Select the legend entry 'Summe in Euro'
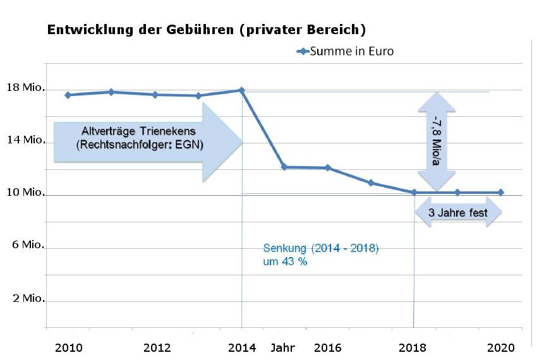tap(351, 51)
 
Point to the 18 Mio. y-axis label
tap(25, 88)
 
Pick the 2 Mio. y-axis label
tap(28, 298)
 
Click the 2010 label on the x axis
tap(68, 347)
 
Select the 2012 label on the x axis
tap(157, 347)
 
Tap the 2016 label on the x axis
tap(327, 347)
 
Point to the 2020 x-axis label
tap(501, 347)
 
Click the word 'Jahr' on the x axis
tap(284, 347)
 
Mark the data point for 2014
tap(241, 90)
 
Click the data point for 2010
tap(68, 95)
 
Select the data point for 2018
tap(414, 192)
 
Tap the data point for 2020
tap(500, 192)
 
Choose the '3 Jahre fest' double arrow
tap(458, 213)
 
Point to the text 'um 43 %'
tap(285, 261)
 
